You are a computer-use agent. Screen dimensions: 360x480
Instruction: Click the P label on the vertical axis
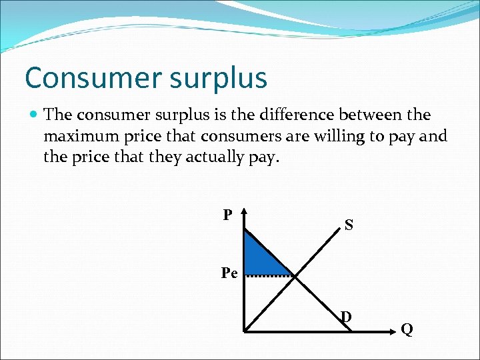pyautogui.click(x=227, y=215)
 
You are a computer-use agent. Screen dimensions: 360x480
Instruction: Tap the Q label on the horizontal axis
pyautogui.click(x=406, y=329)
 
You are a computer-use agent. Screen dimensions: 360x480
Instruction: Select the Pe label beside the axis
pyautogui.click(x=229, y=273)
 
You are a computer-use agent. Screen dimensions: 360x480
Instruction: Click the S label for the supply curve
pyautogui.click(x=349, y=225)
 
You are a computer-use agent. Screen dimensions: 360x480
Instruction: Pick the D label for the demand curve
pyautogui.click(x=346, y=315)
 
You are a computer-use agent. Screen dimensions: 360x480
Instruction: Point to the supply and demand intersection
pyautogui.click(x=294, y=275)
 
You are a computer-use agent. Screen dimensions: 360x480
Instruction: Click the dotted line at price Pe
pyautogui.click(x=270, y=275)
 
